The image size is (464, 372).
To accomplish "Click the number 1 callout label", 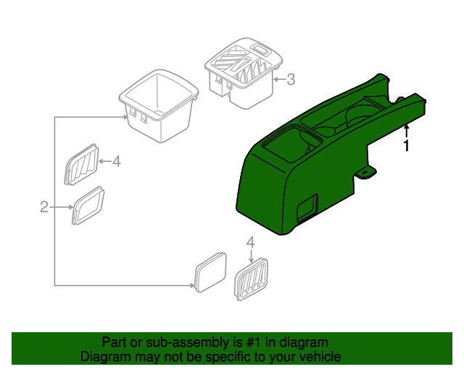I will click(406, 146).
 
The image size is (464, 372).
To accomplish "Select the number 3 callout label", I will click(291, 80).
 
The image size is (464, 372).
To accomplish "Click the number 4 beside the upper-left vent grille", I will click(116, 161).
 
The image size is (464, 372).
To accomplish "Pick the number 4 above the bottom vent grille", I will click(251, 242).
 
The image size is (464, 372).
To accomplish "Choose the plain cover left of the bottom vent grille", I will click(210, 273).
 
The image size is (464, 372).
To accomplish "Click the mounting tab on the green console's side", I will click(368, 173).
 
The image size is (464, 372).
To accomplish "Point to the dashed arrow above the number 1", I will click(406, 131).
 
